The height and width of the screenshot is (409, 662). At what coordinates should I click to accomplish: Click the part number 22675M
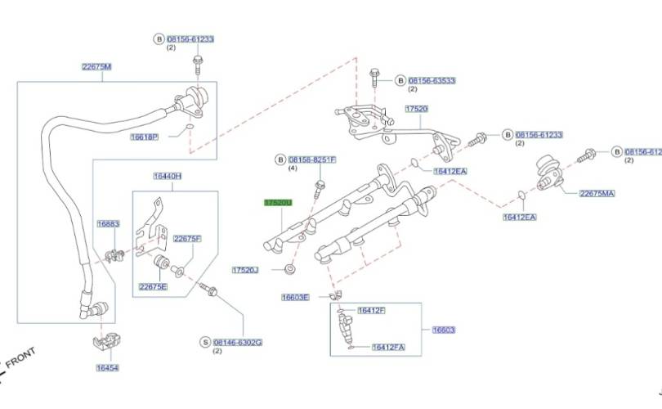click(x=96, y=66)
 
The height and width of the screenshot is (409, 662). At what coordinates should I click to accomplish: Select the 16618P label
click(x=144, y=137)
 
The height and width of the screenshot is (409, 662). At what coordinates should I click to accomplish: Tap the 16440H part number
click(x=167, y=176)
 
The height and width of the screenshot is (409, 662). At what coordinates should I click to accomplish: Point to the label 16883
click(x=108, y=223)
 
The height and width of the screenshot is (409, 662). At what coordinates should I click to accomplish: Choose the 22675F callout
click(x=186, y=238)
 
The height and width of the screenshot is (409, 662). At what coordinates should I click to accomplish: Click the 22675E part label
click(x=153, y=286)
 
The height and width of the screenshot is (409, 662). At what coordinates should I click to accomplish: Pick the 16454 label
click(x=107, y=368)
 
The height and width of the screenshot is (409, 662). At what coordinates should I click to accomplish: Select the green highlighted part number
click(x=277, y=201)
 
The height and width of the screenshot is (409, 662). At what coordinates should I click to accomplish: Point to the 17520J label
click(x=245, y=269)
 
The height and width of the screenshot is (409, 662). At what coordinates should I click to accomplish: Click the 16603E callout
click(x=295, y=297)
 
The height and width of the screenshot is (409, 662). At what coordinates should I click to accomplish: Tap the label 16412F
click(x=371, y=311)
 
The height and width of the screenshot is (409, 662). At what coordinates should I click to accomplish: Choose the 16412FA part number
click(x=387, y=348)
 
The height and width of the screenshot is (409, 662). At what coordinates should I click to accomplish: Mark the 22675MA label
click(x=596, y=193)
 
